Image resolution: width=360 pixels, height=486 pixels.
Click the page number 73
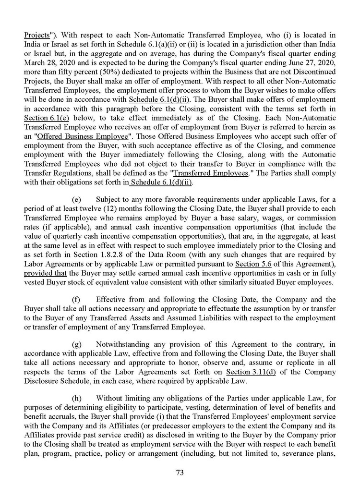[x=180, y=472]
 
